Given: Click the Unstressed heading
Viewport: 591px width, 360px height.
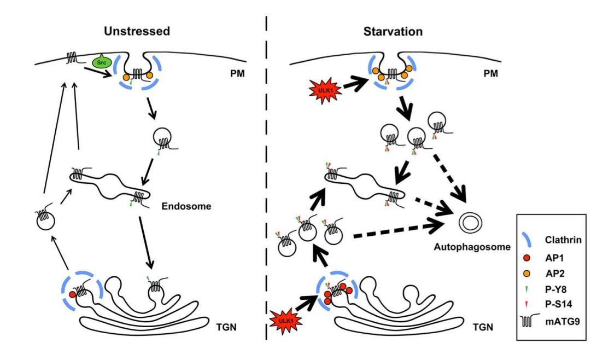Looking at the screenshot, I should point(137,32).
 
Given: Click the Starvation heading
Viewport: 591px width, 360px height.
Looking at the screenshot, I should point(393,32).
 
